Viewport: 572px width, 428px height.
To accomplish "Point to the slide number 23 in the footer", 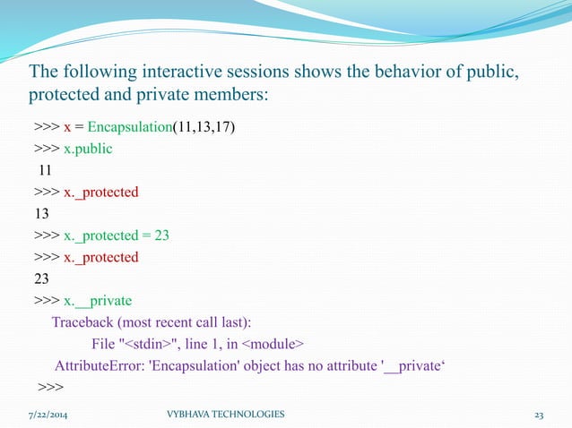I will (x=540, y=415).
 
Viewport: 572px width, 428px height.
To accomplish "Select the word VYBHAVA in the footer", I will (x=190, y=415).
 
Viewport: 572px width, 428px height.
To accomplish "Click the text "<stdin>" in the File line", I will (x=149, y=343).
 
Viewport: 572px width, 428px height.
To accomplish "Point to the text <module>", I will (x=272, y=343).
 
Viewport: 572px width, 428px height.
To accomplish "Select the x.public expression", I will (x=88, y=149).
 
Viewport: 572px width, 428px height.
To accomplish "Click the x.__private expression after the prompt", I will (x=98, y=300).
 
